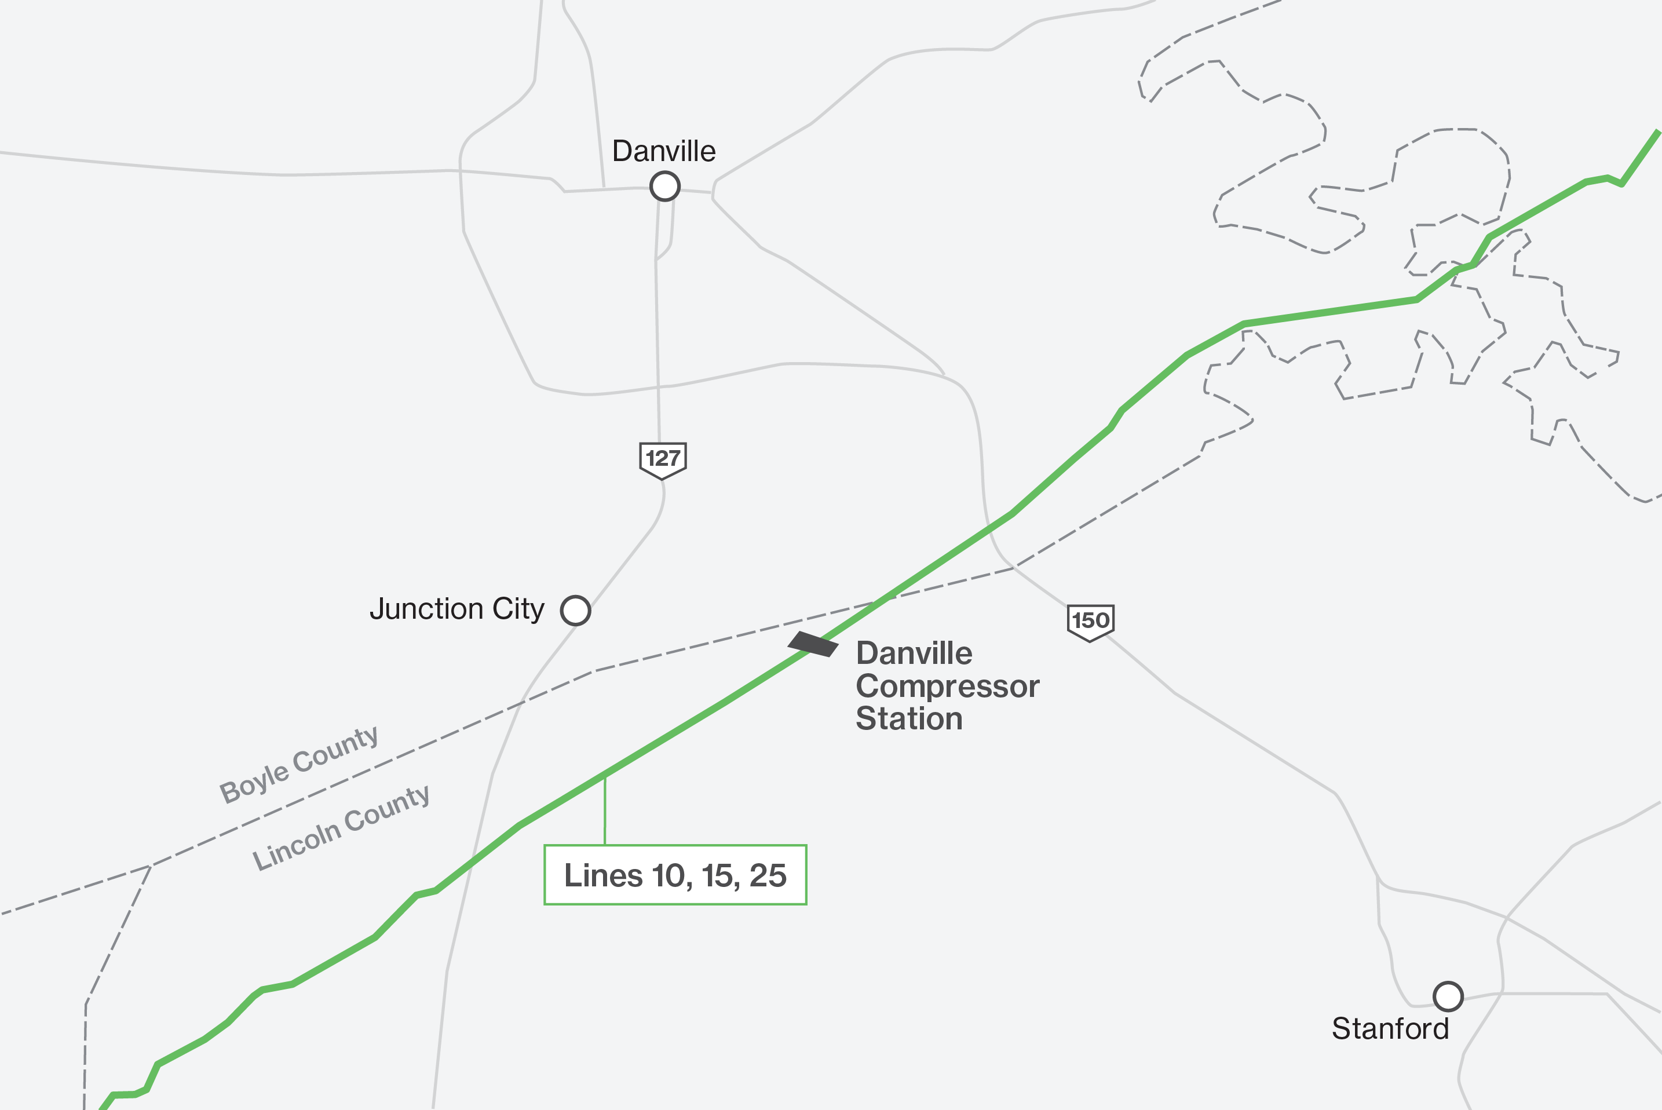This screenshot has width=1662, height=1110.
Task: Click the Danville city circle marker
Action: (x=664, y=187)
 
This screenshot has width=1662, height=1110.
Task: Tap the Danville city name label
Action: (x=663, y=151)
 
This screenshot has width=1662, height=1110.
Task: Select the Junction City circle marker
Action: (x=575, y=610)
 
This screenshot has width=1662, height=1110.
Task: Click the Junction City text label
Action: (x=456, y=609)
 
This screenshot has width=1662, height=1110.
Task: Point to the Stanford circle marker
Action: (x=1448, y=996)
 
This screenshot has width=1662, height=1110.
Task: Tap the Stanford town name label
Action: (x=1390, y=1028)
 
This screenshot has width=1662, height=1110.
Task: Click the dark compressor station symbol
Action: (x=813, y=644)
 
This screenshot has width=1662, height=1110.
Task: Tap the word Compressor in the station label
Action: (x=947, y=686)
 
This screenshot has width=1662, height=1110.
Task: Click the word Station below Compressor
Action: (x=909, y=718)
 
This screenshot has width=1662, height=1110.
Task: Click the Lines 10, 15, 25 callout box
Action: (x=674, y=875)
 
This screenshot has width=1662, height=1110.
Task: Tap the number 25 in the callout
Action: (x=768, y=876)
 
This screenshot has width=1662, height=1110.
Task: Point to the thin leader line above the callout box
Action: (x=604, y=810)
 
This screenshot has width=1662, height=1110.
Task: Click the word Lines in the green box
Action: (x=604, y=876)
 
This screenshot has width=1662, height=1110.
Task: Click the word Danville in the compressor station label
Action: (x=914, y=653)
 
